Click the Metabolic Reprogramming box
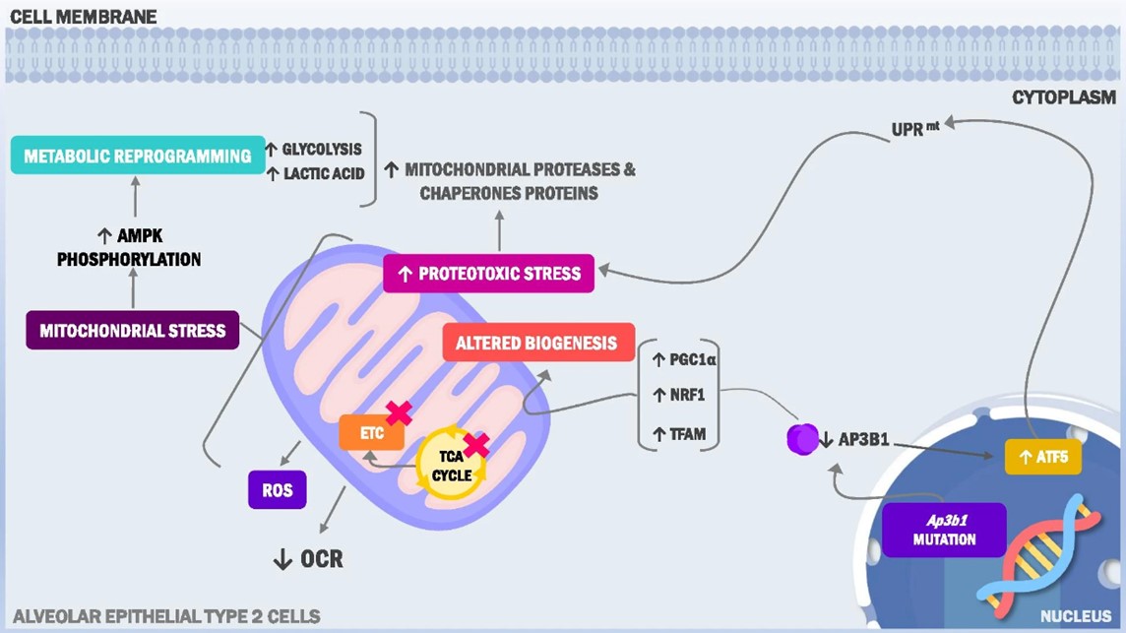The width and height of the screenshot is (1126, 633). click(x=138, y=156)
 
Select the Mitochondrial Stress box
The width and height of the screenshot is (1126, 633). click(x=132, y=331)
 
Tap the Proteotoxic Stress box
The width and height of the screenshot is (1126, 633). click(x=489, y=273)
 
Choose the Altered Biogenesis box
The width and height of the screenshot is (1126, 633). click(x=536, y=343)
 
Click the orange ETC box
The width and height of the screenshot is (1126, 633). click(x=371, y=433)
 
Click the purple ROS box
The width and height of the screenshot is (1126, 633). click(x=277, y=489)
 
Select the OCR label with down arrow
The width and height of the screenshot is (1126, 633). click(x=308, y=559)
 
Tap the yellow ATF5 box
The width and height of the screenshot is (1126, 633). click(x=1042, y=457)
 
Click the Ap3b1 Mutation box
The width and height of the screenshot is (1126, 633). click(x=944, y=530)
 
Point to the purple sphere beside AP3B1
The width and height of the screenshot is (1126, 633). click(x=802, y=438)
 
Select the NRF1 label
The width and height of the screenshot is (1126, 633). click(x=679, y=395)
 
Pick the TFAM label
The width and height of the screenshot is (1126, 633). click(x=679, y=433)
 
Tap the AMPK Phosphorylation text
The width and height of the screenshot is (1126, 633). click(x=129, y=248)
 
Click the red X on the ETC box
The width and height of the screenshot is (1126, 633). click(x=399, y=413)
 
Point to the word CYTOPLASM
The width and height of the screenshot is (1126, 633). click(x=1064, y=97)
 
